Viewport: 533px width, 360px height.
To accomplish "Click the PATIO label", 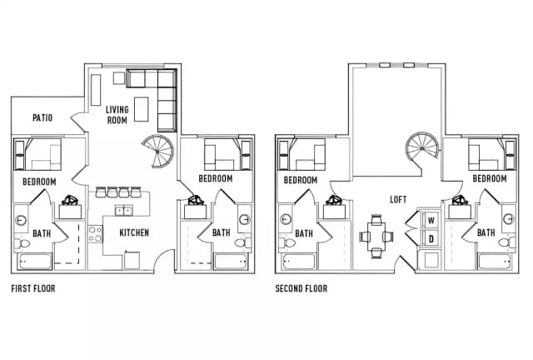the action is click(x=42, y=117).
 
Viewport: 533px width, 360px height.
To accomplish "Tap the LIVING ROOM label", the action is click(x=117, y=115).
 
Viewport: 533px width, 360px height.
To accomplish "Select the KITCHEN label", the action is click(x=134, y=232).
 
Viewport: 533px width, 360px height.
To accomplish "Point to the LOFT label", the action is click(x=398, y=199).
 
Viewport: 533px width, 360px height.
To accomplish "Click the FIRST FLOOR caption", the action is click(x=33, y=288).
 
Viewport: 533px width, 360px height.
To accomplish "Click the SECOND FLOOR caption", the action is click(x=301, y=288).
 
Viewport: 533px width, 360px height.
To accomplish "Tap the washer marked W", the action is click(x=431, y=220).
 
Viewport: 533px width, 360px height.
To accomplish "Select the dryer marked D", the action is click(x=431, y=238).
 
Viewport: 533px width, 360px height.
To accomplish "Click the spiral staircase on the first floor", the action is click(x=159, y=151).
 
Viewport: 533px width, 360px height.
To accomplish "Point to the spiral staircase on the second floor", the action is click(x=422, y=148).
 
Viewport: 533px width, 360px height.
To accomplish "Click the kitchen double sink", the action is click(x=123, y=210).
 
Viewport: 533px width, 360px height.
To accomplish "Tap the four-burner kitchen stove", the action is click(x=95, y=234).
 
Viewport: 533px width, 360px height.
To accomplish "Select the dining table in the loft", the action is click(x=376, y=236).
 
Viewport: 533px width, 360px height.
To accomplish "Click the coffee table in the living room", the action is click(x=141, y=109).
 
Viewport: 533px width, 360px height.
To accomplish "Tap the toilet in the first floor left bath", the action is click(x=22, y=243).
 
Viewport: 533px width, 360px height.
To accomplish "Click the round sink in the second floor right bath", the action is click(x=508, y=219).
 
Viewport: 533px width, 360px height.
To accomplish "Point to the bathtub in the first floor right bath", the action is click(x=231, y=262).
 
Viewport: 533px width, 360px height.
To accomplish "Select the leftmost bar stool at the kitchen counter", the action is click(x=101, y=192).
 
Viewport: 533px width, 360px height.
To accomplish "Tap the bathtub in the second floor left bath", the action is click(x=298, y=262).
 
